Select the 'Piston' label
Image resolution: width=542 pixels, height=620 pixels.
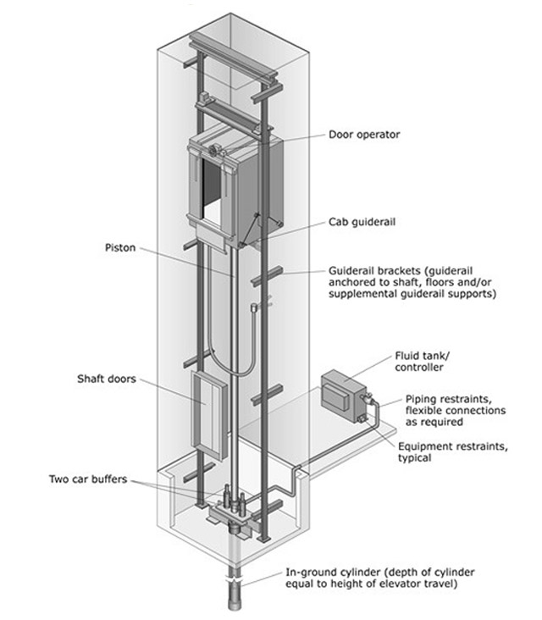(x=119, y=248)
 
